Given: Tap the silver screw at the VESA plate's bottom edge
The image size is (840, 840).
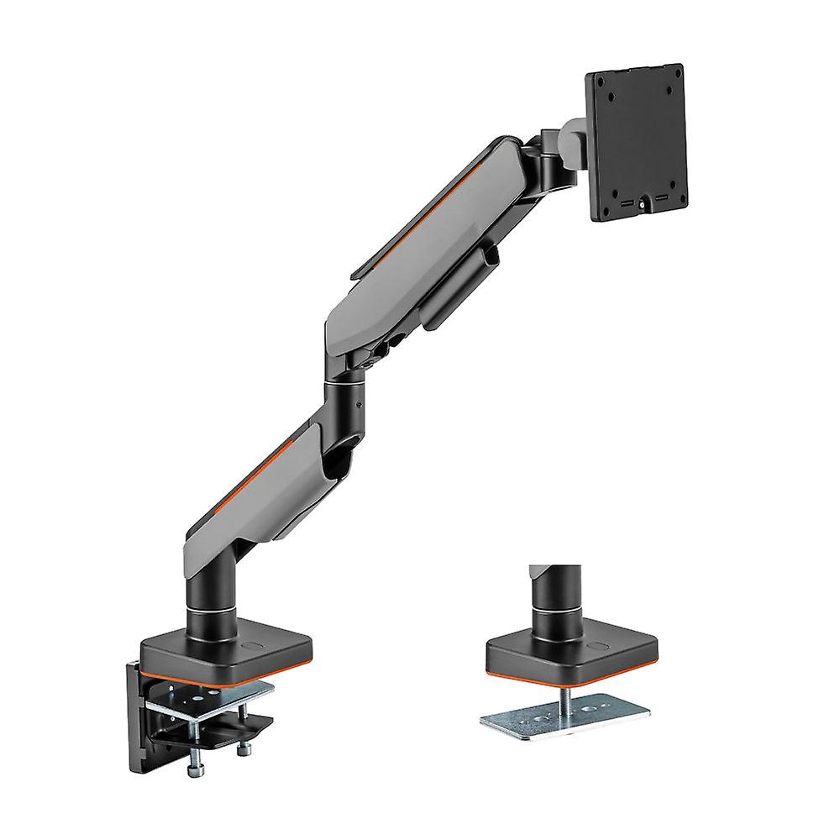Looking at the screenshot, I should point(644,202).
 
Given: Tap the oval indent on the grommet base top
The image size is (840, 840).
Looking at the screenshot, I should point(598,647).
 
